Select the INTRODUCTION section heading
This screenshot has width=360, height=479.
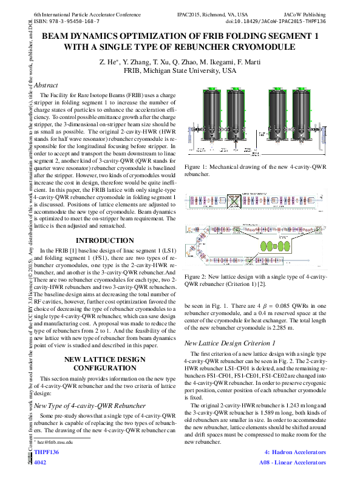104,241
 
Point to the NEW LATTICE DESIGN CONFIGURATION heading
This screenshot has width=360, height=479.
104,364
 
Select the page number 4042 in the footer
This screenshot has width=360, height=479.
41,462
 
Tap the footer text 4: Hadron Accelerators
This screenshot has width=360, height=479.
296,453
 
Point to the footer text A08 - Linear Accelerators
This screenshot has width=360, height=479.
293,462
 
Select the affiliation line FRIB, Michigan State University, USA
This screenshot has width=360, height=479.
180,71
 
